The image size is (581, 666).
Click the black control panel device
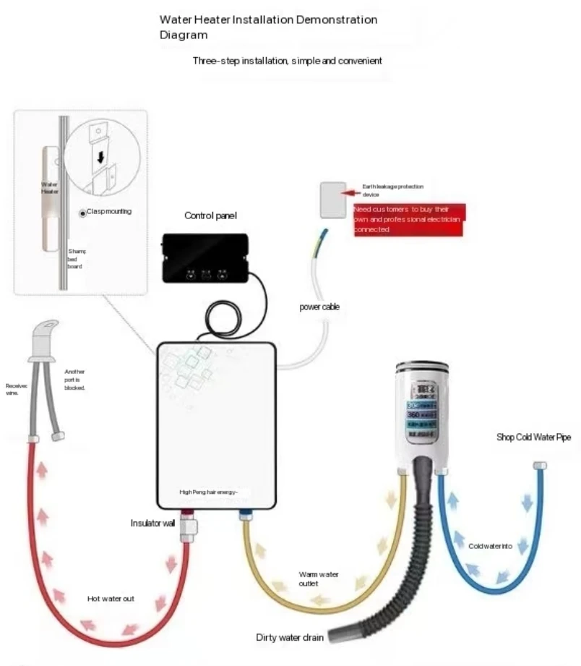click(206, 257)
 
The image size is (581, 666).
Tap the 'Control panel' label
click(210, 215)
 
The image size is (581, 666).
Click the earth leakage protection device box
click(333, 199)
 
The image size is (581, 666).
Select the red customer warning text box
click(408, 219)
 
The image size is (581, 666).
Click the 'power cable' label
click(319, 307)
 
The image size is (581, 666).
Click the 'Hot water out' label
click(111, 599)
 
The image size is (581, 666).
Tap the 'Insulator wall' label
click(152, 522)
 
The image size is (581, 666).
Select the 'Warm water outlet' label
click(318, 579)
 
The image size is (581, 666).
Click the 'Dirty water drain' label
click(289, 638)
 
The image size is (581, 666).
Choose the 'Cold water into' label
click(490, 546)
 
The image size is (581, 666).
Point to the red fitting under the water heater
click(187, 516)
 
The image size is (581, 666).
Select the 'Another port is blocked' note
click(74, 379)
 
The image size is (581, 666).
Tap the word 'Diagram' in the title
click(184, 35)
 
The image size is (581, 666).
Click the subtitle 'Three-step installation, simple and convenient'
click(287, 61)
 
